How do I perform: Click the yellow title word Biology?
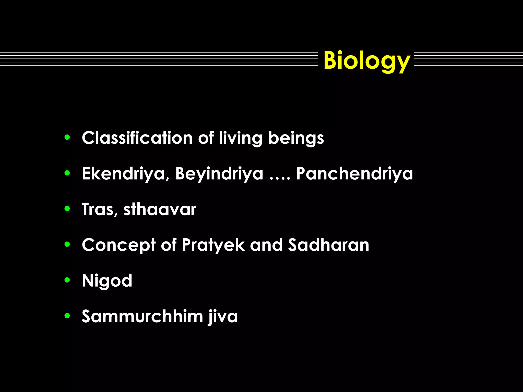click(367, 60)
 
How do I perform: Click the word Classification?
click(137, 138)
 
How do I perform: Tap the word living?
click(240, 138)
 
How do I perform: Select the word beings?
click(296, 138)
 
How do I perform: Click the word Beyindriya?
click(219, 174)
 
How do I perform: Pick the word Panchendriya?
click(354, 174)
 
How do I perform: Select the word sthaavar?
click(160, 209)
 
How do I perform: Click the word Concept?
click(119, 245)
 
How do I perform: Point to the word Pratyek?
click(213, 245)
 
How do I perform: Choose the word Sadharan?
click(329, 245)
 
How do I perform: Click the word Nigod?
click(107, 281)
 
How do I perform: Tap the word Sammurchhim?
click(142, 316)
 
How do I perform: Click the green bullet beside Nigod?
click(67, 280)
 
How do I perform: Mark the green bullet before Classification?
click(67, 138)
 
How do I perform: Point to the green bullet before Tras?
click(67, 209)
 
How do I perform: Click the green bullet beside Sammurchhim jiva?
click(67, 316)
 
